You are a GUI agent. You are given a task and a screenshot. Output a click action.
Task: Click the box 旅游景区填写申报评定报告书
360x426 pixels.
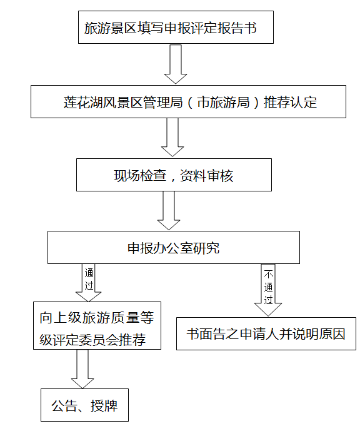[176, 27]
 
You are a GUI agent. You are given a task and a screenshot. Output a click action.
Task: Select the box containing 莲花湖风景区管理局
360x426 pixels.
[188, 101]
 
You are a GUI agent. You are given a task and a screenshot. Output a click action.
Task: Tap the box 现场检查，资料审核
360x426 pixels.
[174, 175]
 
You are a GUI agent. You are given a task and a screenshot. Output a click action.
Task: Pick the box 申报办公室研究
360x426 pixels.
[174, 247]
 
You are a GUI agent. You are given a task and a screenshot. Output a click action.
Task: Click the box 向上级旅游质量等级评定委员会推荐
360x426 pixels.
[97, 325]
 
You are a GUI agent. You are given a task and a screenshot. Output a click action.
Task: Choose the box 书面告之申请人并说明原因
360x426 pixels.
[266, 333]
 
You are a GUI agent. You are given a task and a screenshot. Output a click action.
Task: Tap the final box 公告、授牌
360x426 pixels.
[84, 405]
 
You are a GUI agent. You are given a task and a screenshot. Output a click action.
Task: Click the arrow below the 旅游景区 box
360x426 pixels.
[176, 64]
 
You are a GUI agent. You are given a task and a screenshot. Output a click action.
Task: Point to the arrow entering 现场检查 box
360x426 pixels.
[172, 137]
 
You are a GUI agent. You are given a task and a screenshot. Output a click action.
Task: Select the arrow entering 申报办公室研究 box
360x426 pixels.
[169, 211]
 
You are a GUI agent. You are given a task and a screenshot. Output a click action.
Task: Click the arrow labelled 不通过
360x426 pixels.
[268, 290]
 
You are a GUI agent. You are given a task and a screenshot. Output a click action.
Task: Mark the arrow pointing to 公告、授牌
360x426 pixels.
[82, 369]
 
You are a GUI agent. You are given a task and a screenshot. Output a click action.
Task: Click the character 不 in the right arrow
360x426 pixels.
[268, 274]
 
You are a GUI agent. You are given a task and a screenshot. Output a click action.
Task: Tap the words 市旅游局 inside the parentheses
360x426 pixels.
[223, 102]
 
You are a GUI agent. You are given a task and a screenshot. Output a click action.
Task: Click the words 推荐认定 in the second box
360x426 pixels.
[290, 102]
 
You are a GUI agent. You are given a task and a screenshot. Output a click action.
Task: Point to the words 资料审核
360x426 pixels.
[207, 176]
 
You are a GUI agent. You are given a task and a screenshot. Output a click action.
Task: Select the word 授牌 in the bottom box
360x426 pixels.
[104, 406]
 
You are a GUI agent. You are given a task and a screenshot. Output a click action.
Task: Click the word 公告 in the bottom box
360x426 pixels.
[64, 406]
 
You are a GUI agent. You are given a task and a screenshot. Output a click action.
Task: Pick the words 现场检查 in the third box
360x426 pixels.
[140, 176]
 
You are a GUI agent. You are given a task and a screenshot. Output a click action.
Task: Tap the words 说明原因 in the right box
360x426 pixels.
[319, 334]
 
